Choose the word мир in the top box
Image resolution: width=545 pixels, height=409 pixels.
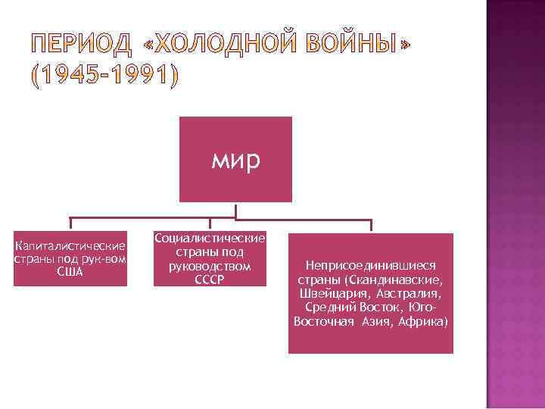pos(235,160)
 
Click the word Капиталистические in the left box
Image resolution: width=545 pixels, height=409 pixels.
pos(70,247)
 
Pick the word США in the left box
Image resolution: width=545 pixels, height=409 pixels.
pos(70,271)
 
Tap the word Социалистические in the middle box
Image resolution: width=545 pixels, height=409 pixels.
pos(210,239)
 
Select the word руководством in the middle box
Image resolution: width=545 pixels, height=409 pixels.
pos(210,267)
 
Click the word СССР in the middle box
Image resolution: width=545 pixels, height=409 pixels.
pos(210,279)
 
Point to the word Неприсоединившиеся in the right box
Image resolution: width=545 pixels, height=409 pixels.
pos(370,266)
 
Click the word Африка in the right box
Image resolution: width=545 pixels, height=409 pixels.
pos(425,321)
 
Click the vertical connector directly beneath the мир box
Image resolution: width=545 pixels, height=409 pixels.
pos(235,210)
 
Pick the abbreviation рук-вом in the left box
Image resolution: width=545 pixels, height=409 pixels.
pos(104,259)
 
